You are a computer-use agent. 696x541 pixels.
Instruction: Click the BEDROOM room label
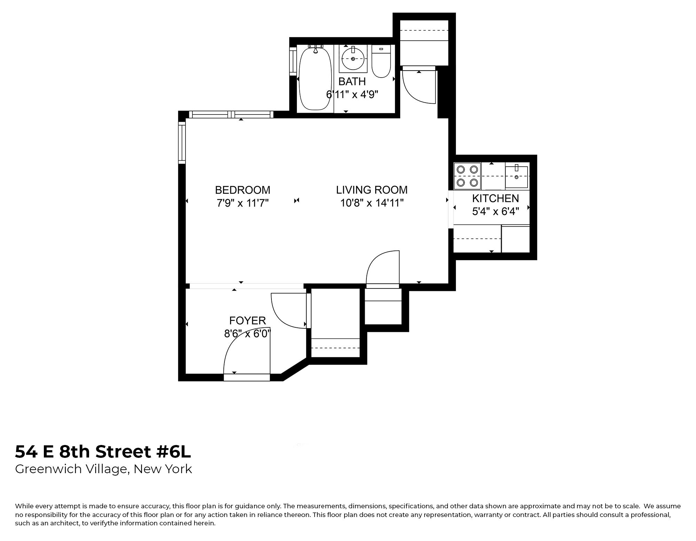click(243, 190)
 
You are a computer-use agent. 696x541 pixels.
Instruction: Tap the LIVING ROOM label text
click(372, 190)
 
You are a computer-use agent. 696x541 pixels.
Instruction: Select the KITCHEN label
click(495, 198)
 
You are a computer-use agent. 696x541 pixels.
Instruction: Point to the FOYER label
click(247, 320)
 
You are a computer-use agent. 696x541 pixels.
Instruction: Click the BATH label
click(352, 81)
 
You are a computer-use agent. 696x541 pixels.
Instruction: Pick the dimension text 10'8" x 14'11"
click(372, 203)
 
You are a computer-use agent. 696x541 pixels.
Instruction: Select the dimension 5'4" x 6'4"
click(495, 211)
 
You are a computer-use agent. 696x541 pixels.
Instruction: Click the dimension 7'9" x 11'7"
click(243, 203)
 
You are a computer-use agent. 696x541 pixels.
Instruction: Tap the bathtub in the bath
click(315, 79)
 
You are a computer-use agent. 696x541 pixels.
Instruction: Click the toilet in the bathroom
click(381, 62)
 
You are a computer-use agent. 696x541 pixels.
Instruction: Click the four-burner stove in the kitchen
click(467, 176)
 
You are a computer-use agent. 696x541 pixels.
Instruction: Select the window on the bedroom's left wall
click(182, 143)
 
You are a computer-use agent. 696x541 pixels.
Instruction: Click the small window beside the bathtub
click(293, 62)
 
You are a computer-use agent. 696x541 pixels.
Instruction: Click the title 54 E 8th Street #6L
click(103, 452)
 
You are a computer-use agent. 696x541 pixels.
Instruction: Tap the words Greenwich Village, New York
click(103, 469)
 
